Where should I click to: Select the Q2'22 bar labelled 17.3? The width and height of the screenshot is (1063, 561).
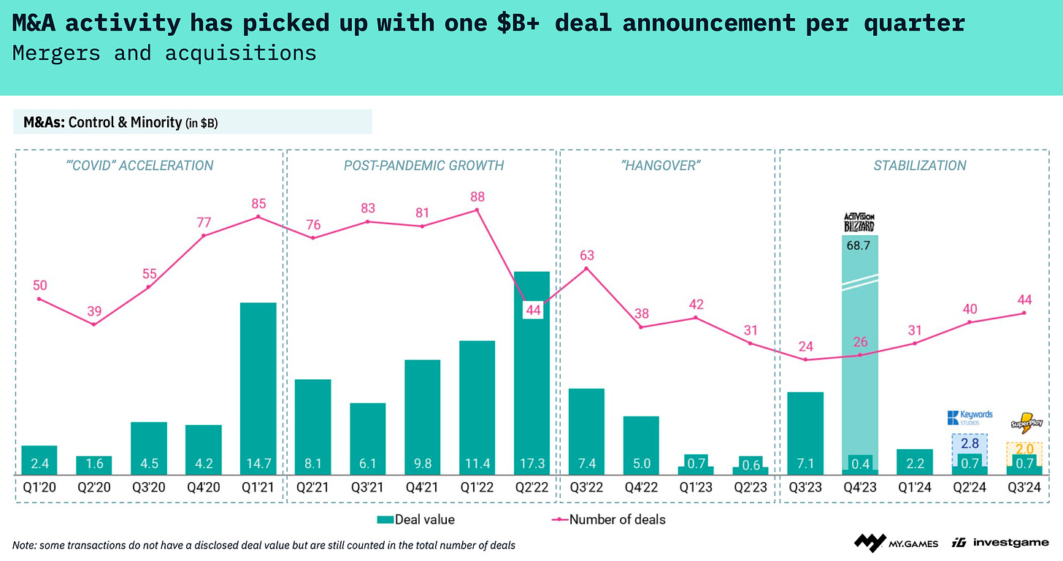(x=531, y=373)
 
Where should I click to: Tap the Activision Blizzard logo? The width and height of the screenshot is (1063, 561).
(x=859, y=222)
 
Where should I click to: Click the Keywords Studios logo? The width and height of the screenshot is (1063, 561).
(x=970, y=418)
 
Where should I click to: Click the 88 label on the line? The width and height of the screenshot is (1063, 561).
(x=477, y=196)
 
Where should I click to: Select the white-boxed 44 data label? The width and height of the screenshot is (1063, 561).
(x=533, y=310)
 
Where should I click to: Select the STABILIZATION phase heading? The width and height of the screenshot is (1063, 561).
(x=919, y=165)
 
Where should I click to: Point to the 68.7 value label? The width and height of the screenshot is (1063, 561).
(x=860, y=247)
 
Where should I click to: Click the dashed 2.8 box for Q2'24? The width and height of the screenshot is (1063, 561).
(x=970, y=443)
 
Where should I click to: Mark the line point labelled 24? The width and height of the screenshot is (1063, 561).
(x=805, y=359)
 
